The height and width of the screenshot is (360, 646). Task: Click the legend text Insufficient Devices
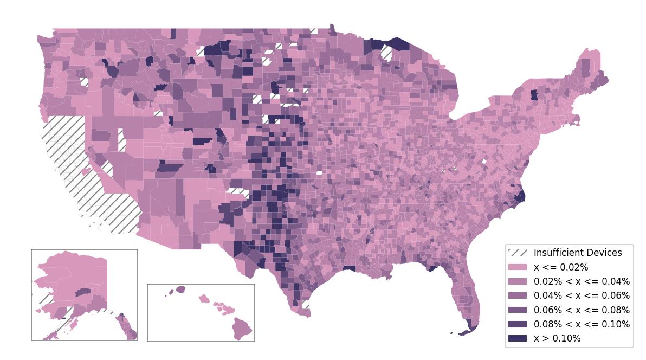point(578,253)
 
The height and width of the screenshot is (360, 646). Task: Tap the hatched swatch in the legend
point(517,253)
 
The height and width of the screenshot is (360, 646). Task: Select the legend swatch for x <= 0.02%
point(517,267)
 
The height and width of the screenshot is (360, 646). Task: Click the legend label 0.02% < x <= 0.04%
point(582,281)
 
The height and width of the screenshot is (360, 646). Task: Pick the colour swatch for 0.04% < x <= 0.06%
point(517,295)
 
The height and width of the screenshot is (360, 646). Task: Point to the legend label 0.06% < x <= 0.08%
point(582,310)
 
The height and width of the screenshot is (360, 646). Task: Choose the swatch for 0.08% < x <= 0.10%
point(517,324)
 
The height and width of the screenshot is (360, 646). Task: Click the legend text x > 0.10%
point(557,338)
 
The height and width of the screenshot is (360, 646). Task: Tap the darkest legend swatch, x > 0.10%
point(517,338)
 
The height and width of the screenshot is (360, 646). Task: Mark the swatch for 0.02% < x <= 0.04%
point(517,281)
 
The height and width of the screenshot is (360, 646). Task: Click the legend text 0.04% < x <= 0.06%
point(582,295)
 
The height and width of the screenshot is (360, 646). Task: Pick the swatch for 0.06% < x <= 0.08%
point(517,310)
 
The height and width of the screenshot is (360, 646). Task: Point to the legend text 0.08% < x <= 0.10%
point(582,324)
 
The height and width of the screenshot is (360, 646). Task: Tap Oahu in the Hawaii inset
point(204,299)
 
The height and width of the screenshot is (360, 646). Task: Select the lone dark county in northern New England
point(534,95)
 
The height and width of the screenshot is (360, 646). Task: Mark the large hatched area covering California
point(81,173)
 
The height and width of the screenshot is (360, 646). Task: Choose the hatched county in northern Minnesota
point(386,53)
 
